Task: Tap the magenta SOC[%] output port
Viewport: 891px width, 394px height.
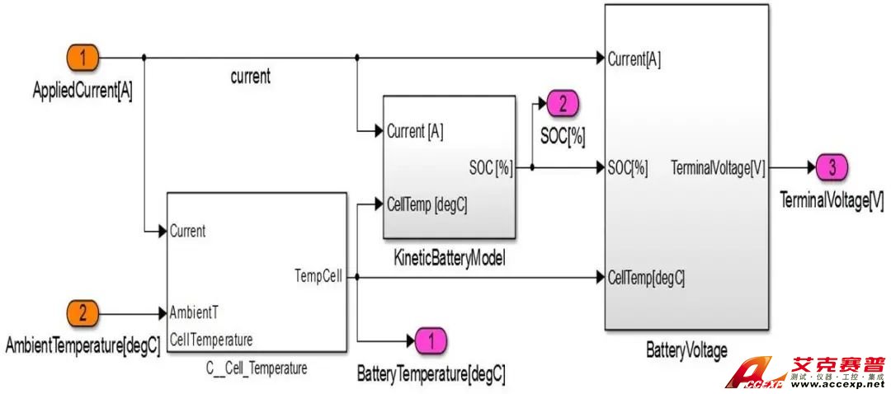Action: [562, 105]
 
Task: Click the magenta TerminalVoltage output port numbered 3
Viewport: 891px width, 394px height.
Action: [832, 167]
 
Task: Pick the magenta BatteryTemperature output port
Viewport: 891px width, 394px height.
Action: [434, 339]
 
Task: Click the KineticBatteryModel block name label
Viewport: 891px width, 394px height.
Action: [450, 259]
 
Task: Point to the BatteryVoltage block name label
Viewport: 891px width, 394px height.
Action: [686, 350]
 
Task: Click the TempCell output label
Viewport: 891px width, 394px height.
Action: [318, 277]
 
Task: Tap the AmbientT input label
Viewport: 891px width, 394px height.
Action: [195, 313]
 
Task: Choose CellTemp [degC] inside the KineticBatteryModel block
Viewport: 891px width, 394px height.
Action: [427, 204]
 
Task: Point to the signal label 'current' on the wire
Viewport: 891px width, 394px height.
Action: [250, 77]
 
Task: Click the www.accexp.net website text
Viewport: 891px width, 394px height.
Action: [836, 384]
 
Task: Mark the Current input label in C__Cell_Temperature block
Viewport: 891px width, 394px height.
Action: [188, 232]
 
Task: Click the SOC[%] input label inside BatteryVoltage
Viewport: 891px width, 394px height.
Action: [628, 168]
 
